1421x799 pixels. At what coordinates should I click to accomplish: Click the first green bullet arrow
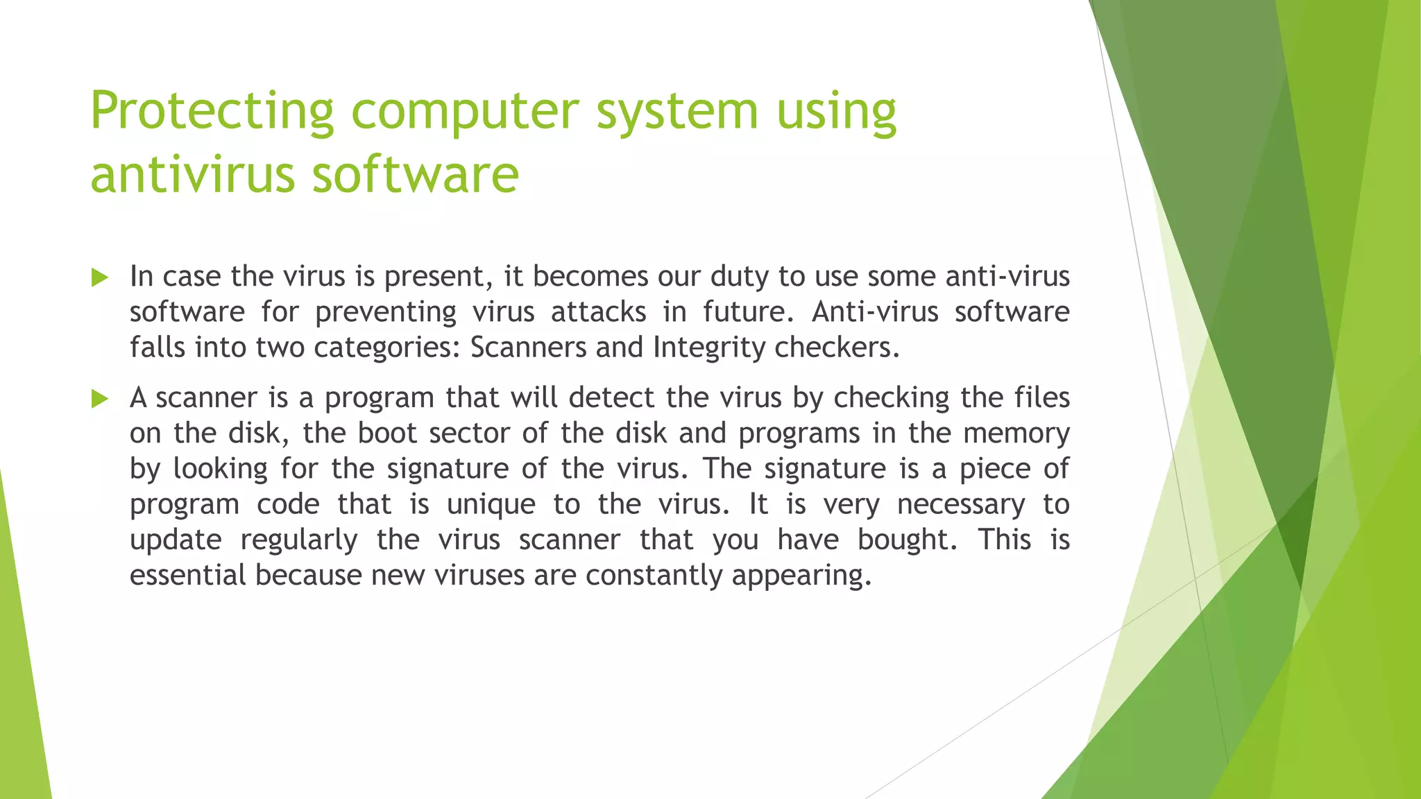[x=100, y=279]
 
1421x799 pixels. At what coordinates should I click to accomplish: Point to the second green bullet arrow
[x=100, y=399]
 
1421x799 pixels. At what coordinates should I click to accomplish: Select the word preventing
[x=386, y=312]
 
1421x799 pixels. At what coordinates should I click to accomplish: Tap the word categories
[x=386, y=347]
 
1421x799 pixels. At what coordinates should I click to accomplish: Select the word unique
[x=491, y=504]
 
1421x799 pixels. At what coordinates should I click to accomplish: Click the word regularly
[x=299, y=540]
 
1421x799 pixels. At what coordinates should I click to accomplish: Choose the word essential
[x=187, y=575]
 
